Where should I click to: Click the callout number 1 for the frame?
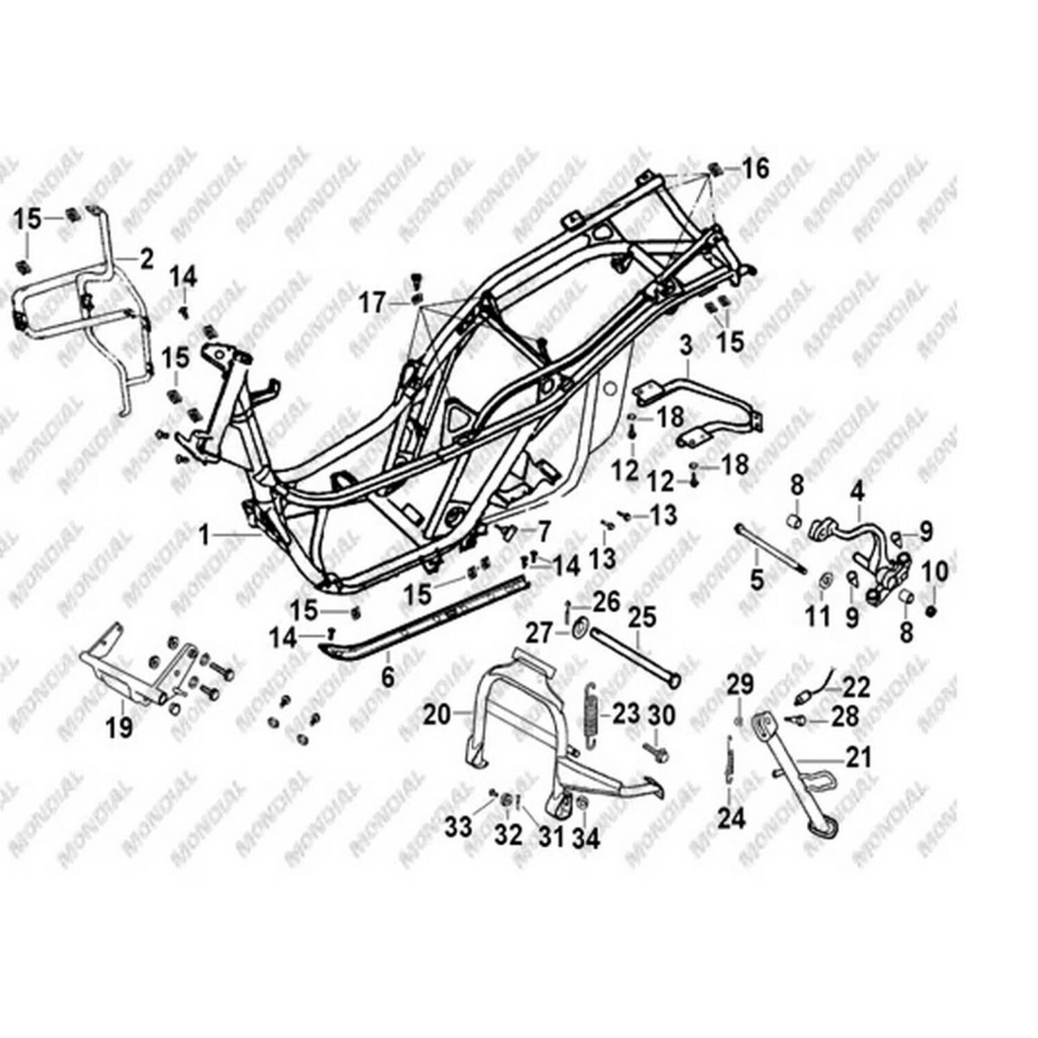[x=203, y=534]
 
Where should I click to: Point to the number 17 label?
[x=372, y=302]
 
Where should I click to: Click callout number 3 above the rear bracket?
[x=685, y=345]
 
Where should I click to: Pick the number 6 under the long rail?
[x=388, y=676]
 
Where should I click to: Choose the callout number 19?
[x=119, y=727]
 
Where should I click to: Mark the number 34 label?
[x=586, y=838]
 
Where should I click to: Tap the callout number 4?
[x=857, y=493]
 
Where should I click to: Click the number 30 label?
[x=660, y=715]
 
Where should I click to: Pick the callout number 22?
[x=856, y=687]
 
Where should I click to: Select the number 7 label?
[x=544, y=531]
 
